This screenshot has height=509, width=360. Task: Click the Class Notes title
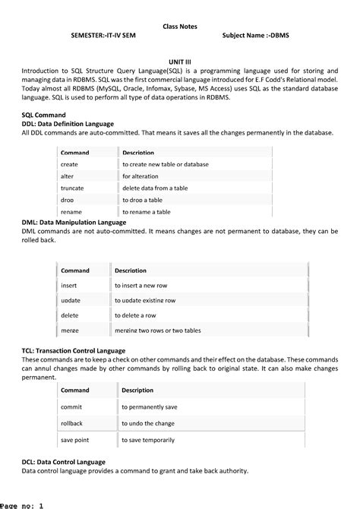click(x=180, y=27)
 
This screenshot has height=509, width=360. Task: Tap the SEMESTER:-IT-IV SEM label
click(x=103, y=36)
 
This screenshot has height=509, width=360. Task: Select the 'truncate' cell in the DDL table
click(x=72, y=188)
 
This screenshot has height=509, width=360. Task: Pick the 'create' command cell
click(x=69, y=164)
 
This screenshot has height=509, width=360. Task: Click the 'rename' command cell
click(x=71, y=211)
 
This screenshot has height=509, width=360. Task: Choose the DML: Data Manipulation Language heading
click(x=74, y=221)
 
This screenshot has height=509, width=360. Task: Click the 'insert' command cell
click(x=69, y=285)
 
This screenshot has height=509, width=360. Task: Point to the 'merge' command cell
click(x=70, y=330)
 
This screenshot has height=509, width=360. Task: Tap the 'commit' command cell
click(x=71, y=406)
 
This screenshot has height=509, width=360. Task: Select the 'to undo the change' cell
click(x=148, y=422)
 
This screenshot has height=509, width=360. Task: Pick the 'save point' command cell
click(x=74, y=439)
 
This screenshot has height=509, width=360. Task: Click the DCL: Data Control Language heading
click(x=64, y=461)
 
